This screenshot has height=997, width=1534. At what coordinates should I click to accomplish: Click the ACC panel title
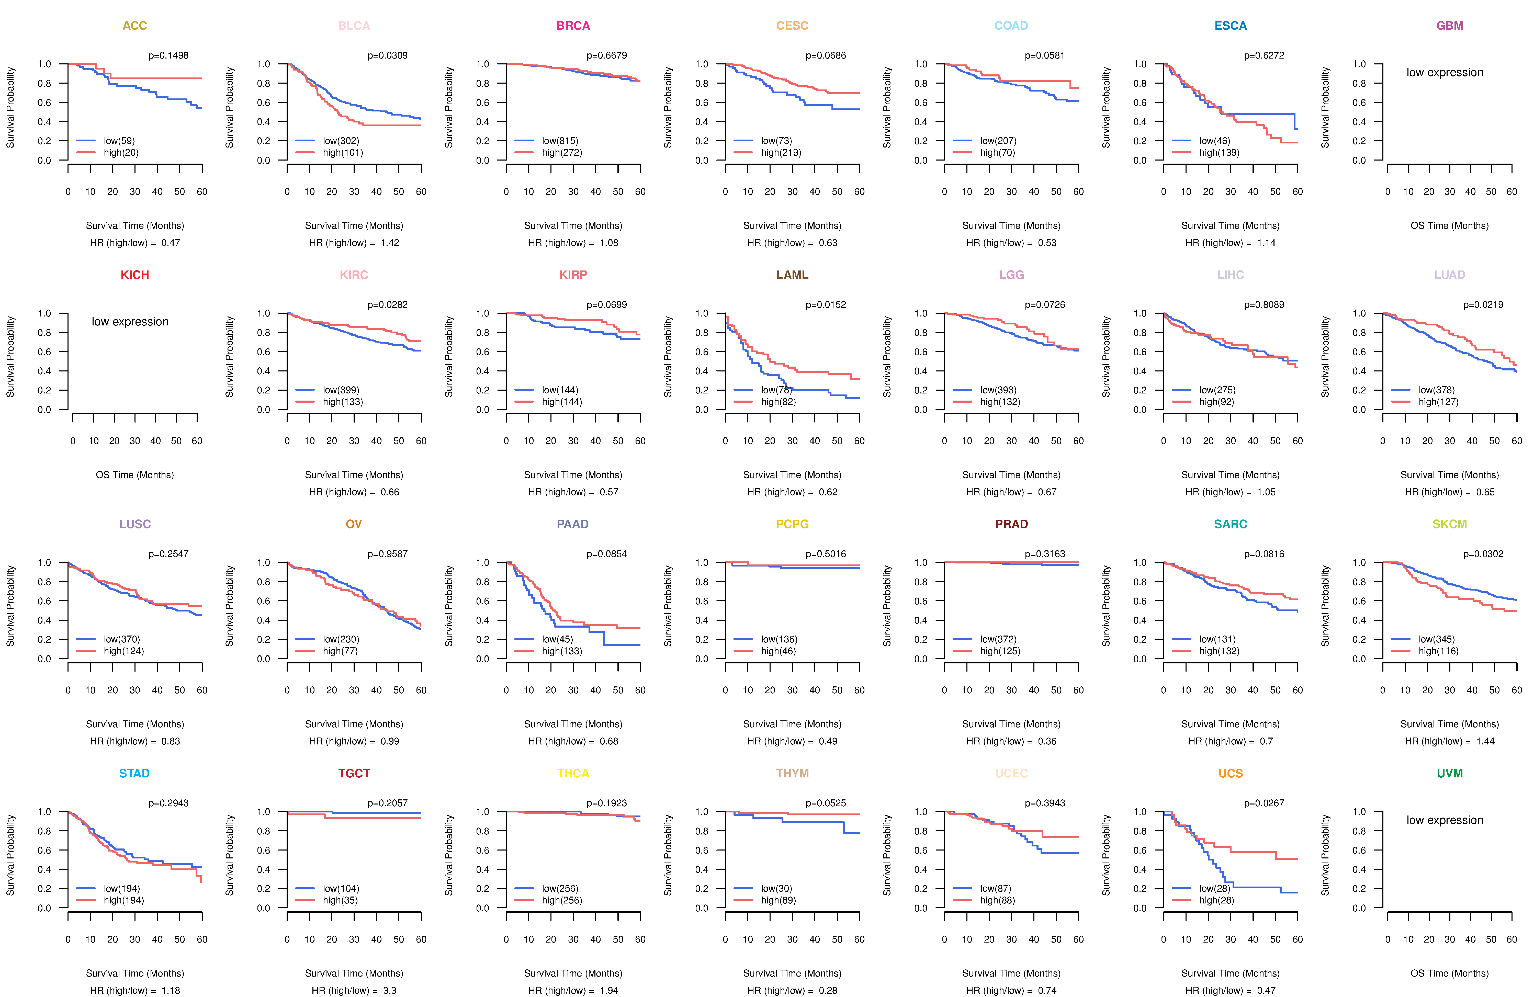pyautogui.click(x=135, y=26)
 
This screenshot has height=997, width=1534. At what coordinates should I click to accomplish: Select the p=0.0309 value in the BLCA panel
pyautogui.click(x=387, y=55)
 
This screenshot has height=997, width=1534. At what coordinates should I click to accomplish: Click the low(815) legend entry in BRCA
pyautogui.click(x=559, y=141)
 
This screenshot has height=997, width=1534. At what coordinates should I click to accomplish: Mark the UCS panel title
pyautogui.click(x=1230, y=773)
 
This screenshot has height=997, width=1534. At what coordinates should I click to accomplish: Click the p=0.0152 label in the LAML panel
pyautogui.click(x=826, y=305)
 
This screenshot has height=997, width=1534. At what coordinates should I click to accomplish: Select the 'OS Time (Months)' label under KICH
pyautogui.click(x=135, y=475)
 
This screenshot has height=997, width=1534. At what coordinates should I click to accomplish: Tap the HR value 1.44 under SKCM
pyautogui.click(x=1485, y=741)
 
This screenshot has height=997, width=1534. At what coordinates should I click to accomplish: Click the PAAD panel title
pyautogui.click(x=572, y=524)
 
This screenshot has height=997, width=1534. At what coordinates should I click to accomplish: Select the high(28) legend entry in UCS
pyautogui.click(x=1216, y=900)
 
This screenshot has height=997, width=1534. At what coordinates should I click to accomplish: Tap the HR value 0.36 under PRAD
pyautogui.click(x=1047, y=741)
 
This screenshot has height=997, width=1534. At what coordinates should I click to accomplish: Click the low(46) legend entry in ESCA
pyautogui.click(x=1214, y=141)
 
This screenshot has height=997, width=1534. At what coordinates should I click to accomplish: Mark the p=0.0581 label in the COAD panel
pyautogui.click(x=1045, y=55)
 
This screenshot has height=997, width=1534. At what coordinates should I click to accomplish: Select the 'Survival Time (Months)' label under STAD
pyautogui.click(x=135, y=973)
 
